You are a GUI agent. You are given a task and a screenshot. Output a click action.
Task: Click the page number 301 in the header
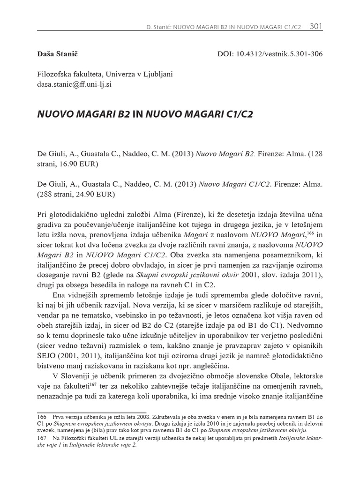[316, 27]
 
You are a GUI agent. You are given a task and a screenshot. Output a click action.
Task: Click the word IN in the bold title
[132, 115]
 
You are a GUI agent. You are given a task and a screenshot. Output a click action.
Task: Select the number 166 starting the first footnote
[42, 416]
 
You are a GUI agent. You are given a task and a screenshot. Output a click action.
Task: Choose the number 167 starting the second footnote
[42, 438]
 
